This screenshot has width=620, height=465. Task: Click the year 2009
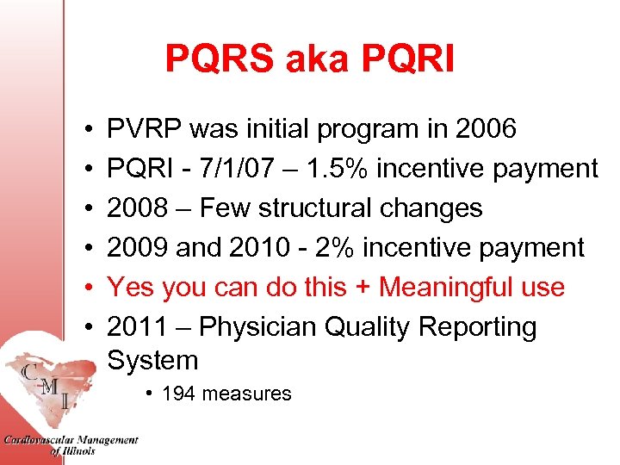point(138,248)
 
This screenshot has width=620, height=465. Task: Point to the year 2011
point(138,326)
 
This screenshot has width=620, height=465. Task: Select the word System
point(152,360)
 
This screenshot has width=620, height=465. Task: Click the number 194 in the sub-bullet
point(178,394)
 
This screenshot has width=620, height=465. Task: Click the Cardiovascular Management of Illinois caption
point(71,445)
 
